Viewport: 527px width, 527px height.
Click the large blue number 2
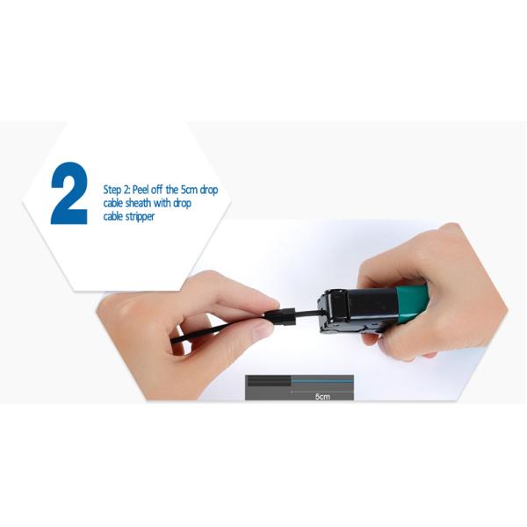point(69,192)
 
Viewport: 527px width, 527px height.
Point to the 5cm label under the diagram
point(321,398)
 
